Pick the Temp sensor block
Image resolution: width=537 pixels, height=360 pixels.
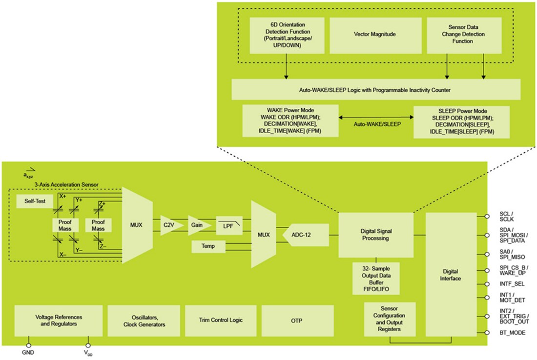click(x=209, y=247)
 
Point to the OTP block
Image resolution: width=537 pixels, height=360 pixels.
click(x=297, y=320)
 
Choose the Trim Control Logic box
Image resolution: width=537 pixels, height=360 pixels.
click(x=221, y=320)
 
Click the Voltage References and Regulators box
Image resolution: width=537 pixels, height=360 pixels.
click(x=58, y=320)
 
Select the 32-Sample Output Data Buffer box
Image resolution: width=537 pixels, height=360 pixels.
click(x=376, y=279)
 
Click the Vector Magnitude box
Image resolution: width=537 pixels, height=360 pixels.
click(x=374, y=35)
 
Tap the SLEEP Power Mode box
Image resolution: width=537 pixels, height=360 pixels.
click(x=461, y=122)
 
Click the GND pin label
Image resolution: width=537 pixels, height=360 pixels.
click(x=27, y=353)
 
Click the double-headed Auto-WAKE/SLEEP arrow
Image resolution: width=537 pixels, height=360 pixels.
click(x=376, y=118)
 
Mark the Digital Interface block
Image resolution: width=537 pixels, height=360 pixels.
click(x=451, y=274)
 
